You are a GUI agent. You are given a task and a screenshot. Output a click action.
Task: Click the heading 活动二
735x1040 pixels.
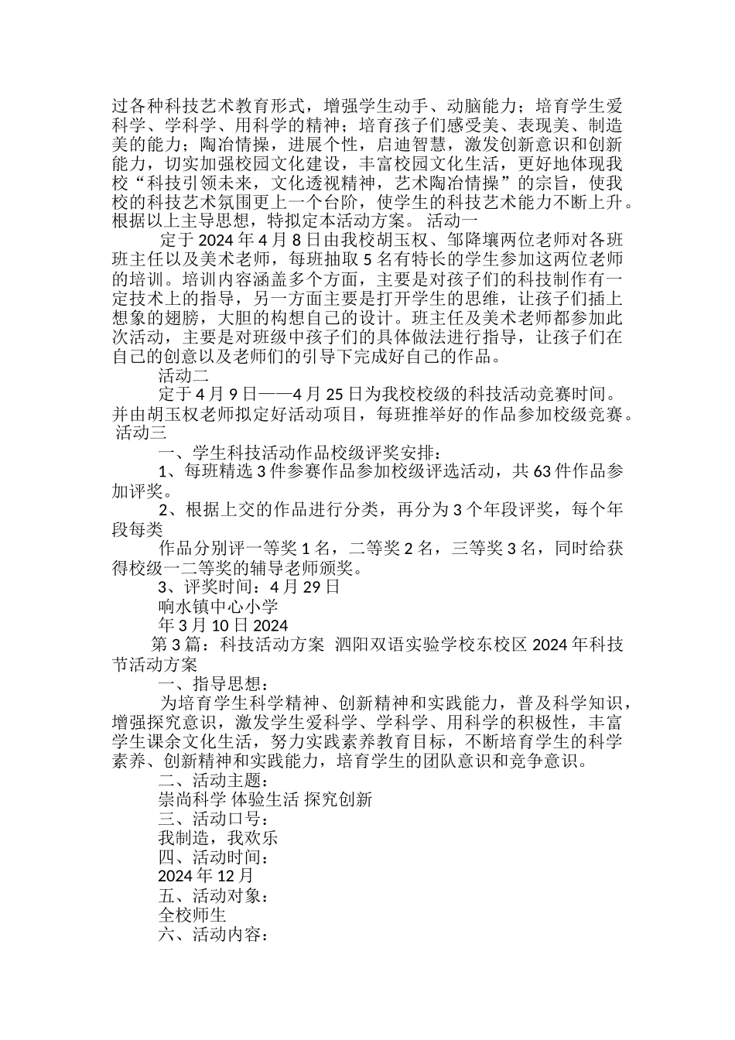click(x=183, y=376)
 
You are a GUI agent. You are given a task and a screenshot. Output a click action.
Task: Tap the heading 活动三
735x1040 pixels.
click(x=139, y=433)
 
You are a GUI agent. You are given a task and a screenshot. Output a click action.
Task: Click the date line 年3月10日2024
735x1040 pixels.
click(x=223, y=625)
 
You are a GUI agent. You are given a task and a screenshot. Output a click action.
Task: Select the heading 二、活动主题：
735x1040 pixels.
click(x=214, y=780)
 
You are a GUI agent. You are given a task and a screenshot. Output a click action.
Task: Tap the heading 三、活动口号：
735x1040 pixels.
click(x=214, y=819)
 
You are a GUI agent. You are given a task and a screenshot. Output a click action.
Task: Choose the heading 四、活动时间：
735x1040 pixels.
click(x=214, y=857)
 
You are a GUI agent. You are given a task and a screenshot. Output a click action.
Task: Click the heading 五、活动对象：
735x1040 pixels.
click(x=214, y=896)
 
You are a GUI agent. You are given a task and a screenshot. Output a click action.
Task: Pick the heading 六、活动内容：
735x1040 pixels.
click(x=214, y=935)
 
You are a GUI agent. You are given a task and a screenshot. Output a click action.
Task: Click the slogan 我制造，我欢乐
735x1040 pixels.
click(x=218, y=838)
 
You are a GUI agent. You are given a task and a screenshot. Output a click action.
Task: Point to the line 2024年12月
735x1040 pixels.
click(x=206, y=877)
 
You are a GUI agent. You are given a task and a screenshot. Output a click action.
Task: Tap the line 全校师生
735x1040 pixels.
click(x=192, y=915)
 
